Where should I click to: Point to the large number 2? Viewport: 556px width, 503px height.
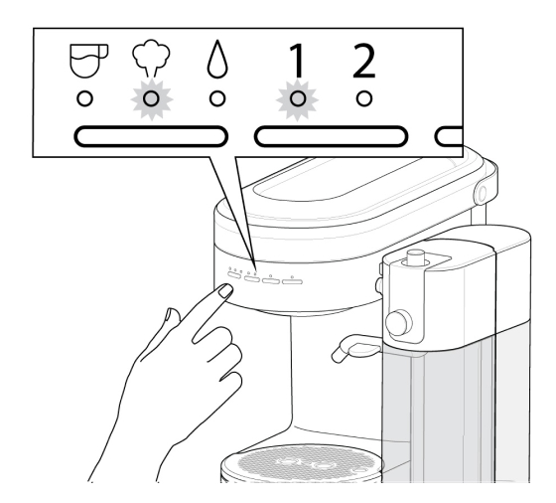pyautogui.click(x=364, y=63)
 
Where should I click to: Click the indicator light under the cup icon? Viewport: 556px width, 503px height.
pyautogui.click(x=86, y=99)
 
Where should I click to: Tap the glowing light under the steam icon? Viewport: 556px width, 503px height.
pyautogui.click(x=151, y=99)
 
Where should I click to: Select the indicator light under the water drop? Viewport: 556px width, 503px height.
pyautogui.click(x=215, y=99)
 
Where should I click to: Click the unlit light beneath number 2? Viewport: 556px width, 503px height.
pyautogui.click(x=364, y=99)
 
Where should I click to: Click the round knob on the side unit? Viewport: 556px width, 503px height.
pyautogui.click(x=401, y=321)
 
